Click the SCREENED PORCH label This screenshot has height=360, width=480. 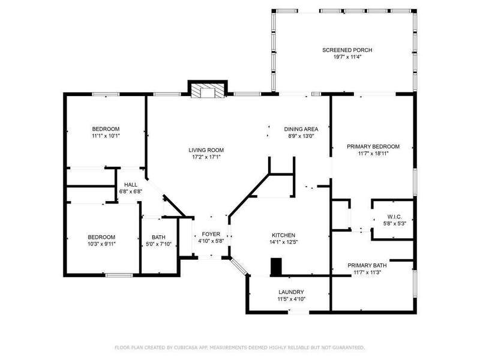coord(347,50)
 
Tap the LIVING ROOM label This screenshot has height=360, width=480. coord(206,150)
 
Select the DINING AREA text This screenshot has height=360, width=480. coord(301,129)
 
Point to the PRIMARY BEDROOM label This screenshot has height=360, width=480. coord(373,146)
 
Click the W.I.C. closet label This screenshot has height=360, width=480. coord(395,217)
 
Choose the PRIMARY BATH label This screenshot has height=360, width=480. coord(367,265)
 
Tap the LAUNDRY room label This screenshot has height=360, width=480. coord(291,292)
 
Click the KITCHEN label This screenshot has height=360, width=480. coord(283,235)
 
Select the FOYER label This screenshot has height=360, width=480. coord(211,234)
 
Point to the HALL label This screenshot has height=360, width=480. coord(131,185)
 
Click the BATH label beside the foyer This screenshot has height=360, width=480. coord(158,237)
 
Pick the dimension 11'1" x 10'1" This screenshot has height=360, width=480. coord(106,136)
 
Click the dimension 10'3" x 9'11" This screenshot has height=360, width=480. coord(101,244)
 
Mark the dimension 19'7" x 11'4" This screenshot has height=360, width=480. coord(347,57)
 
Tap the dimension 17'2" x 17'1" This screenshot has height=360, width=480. coord(206,157)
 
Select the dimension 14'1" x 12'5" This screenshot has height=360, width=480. coord(283,242)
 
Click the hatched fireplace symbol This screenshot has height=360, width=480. coord(208,91)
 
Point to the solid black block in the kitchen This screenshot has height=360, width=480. coord(276,267)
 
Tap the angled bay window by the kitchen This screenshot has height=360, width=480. coord(239,266)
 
